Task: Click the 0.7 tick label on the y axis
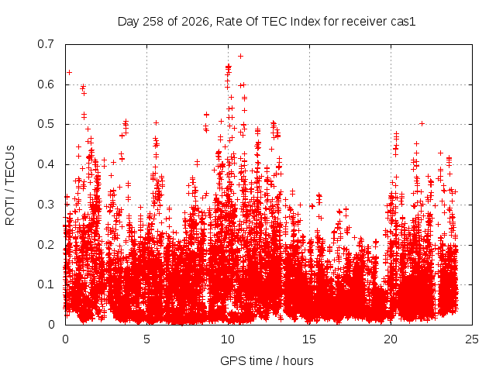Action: (x=46, y=44)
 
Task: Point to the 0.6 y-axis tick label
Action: (x=46, y=84)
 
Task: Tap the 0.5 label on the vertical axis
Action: (x=46, y=124)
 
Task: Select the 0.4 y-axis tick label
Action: (x=46, y=164)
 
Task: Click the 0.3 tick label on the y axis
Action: (x=46, y=205)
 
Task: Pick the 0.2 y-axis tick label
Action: (x=46, y=245)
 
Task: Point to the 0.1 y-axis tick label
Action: (x=46, y=284)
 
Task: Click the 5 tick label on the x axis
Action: (x=146, y=339)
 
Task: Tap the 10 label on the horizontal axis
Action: (x=228, y=339)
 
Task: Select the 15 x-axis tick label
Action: (x=309, y=339)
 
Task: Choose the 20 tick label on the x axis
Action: (x=391, y=339)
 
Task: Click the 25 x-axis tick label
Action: (x=472, y=339)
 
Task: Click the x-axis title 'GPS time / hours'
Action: (x=267, y=361)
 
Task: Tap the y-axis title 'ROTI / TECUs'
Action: (x=10, y=185)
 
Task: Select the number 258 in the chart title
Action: (x=153, y=22)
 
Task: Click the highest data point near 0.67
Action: (x=240, y=57)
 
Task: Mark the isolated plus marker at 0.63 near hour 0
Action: (x=69, y=72)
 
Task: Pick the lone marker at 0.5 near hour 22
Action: (x=422, y=124)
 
